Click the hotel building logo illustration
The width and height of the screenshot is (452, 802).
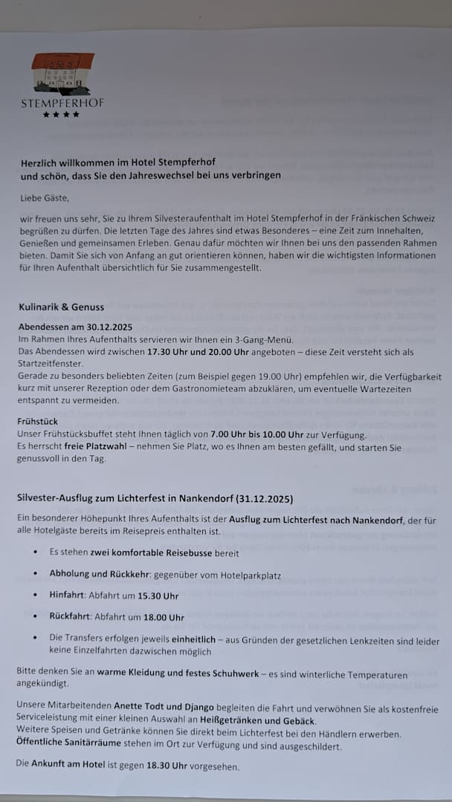(62, 74)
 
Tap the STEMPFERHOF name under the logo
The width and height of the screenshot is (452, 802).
(62, 102)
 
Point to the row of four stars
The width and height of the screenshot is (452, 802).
(61, 114)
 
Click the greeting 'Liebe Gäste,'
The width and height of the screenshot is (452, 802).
(45, 198)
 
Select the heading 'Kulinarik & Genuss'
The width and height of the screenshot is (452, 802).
(62, 306)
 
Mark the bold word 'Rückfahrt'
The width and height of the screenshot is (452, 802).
(71, 617)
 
